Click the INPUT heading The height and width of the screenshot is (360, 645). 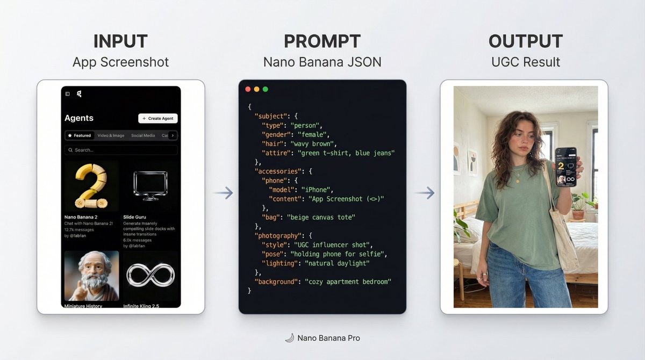(x=120, y=41)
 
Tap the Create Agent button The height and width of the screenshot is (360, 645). (x=158, y=118)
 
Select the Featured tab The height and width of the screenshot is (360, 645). (x=80, y=135)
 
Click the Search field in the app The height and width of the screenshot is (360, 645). (x=121, y=150)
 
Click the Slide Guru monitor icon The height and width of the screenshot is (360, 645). (x=150, y=186)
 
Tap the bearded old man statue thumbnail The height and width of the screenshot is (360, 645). (x=91, y=276)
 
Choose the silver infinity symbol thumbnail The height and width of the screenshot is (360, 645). (x=150, y=276)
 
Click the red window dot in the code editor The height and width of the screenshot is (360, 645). (x=248, y=89)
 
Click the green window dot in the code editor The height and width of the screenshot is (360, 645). (x=265, y=89)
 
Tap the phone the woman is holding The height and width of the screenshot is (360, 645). (x=565, y=167)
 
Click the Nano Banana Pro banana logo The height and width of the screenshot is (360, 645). (x=289, y=338)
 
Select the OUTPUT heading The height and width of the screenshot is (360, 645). (x=525, y=41)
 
